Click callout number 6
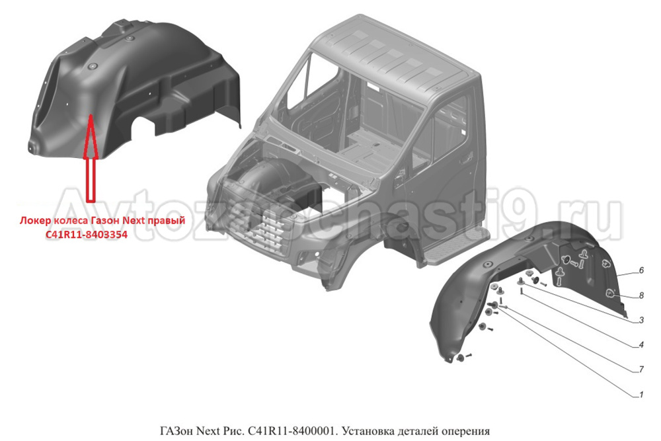tap(641, 270)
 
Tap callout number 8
tap(641, 295)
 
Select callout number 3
tap(641, 320)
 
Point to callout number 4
tap(641, 345)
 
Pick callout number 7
tap(641, 370)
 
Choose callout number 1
tap(641, 395)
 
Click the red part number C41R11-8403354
tap(87, 235)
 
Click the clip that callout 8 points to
tap(610, 294)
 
